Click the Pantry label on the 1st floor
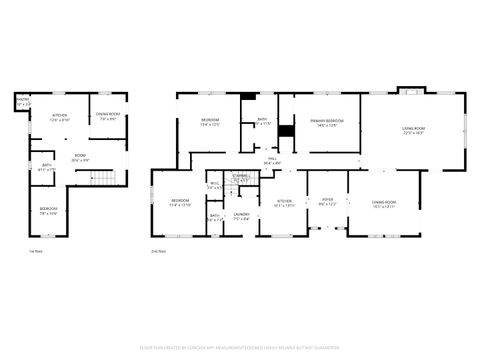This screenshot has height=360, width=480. pyautogui.click(x=23, y=101)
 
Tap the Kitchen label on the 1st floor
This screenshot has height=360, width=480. pyautogui.click(x=59, y=117)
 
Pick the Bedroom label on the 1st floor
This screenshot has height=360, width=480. pyautogui.click(x=48, y=211)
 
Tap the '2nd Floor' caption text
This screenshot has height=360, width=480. pyautogui.click(x=158, y=251)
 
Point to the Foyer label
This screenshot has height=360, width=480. pyautogui.click(x=326, y=202)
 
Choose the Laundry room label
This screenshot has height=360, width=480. pyautogui.click(x=241, y=216)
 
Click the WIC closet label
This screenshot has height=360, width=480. pyautogui.click(x=214, y=185)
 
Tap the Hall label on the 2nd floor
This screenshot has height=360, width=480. pyautogui.click(x=271, y=160)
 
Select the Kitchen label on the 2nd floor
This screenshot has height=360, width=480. pyautogui.click(x=283, y=202)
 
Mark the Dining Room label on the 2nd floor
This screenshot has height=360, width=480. pyautogui.click(x=384, y=203)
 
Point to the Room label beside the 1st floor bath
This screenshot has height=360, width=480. pyautogui.click(x=80, y=157)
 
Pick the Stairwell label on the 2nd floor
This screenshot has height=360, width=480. pyautogui.click(x=241, y=178)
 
